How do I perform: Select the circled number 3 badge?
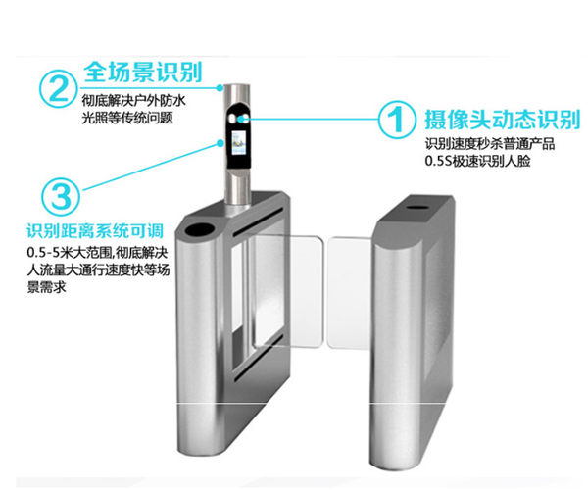pyautogui.click(x=61, y=195)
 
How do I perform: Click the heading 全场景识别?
pyautogui.click(x=143, y=73)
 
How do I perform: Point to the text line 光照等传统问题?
pyautogui.click(x=126, y=117)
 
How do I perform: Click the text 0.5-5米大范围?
pyautogui.click(x=71, y=254)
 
